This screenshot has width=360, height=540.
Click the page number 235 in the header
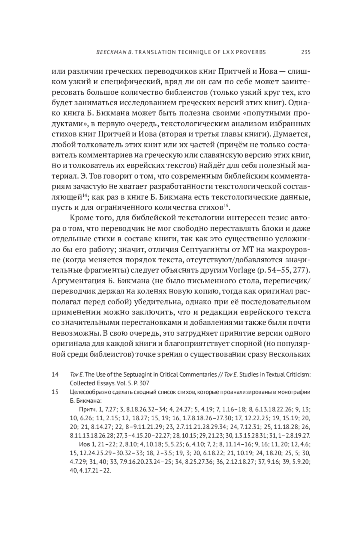(x=305, y=52)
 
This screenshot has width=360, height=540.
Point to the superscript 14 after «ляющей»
(x=85, y=195)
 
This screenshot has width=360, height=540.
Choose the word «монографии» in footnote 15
(x=296, y=392)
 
